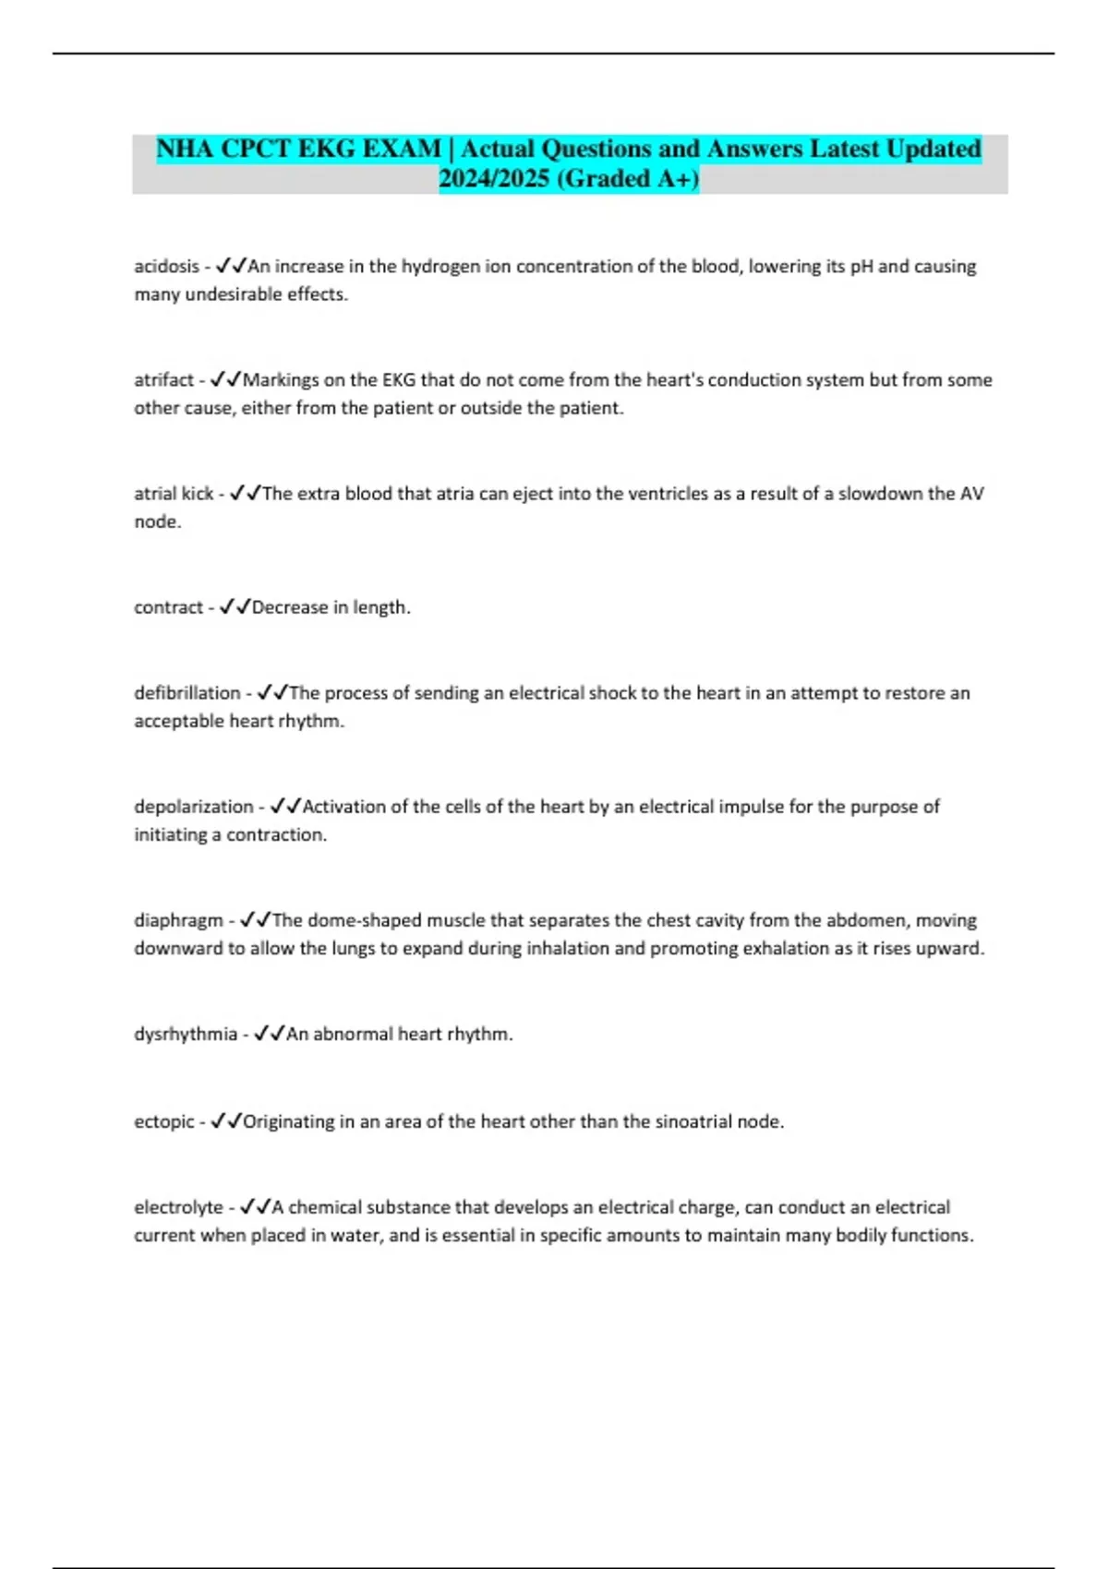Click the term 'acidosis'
tap(166, 267)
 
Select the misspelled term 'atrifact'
tap(163, 380)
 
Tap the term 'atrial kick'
tap(174, 494)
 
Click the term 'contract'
tap(168, 607)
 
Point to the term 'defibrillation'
tap(187, 693)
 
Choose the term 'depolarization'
tap(193, 807)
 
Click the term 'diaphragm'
tap(178, 920)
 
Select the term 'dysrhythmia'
tap(186, 1034)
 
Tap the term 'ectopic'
tap(164, 1121)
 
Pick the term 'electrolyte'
tap(178, 1207)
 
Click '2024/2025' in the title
tap(494, 178)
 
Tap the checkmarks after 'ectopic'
tap(226, 1121)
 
